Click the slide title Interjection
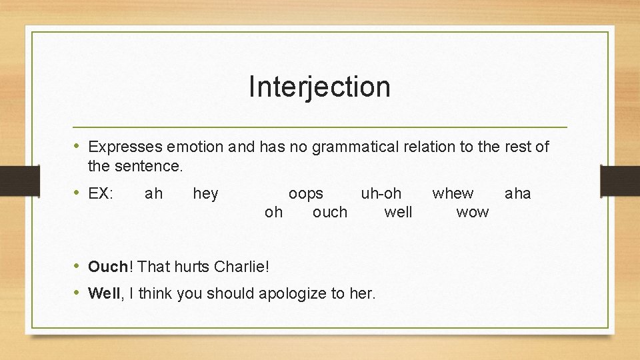point(319,87)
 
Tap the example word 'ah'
point(153,194)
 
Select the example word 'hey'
point(205,194)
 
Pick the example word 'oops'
point(305,194)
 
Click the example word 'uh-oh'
point(381,194)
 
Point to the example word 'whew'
point(453,194)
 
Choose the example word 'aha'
point(518,194)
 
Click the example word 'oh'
point(273,213)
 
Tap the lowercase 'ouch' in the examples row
point(330,213)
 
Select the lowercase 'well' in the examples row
point(398,213)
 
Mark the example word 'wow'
point(472,213)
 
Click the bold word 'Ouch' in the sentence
point(107,267)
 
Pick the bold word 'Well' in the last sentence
point(104,293)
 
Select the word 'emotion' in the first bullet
point(197,147)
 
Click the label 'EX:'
point(101,194)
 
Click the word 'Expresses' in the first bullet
point(126,147)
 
